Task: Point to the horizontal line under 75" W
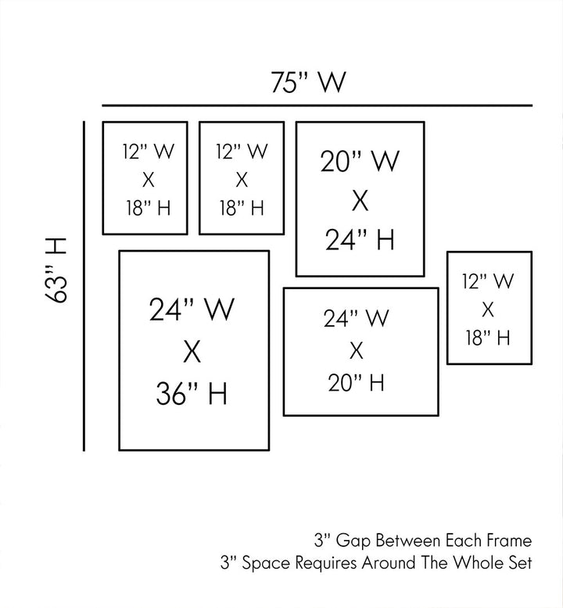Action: click(x=317, y=105)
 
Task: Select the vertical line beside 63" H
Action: click(x=84, y=285)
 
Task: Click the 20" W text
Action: click(x=360, y=162)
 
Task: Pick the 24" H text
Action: click(x=360, y=240)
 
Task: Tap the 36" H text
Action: click(x=192, y=394)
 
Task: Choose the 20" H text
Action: click(x=357, y=382)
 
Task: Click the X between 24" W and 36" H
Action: click(x=192, y=352)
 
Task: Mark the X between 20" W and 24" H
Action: click(x=360, y=201)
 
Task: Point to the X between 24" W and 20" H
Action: click(x=357, y=349)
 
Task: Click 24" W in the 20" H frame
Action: click(x=357, y=318)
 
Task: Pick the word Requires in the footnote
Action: click(x=332, y=563)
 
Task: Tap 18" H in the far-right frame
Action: click(x=488, y=338)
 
